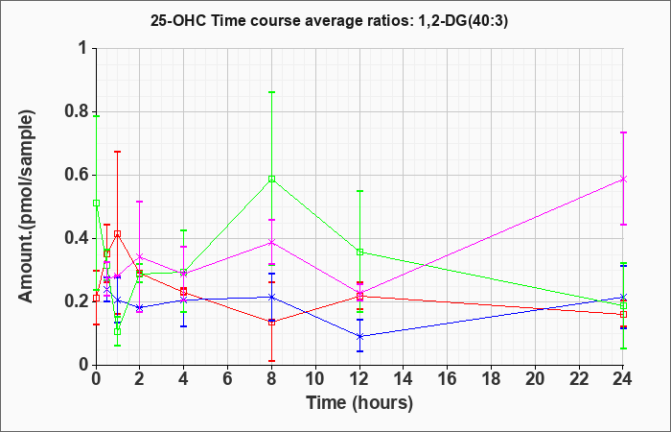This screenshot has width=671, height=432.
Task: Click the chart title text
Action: tap(335, 19)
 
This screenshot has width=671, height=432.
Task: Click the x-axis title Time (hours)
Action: tap(359, 402)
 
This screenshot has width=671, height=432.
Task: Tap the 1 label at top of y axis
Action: tap(81, 48)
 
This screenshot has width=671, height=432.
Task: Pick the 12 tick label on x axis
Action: tap(359, 379)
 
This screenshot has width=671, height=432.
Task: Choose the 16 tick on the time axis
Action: tap(448, 379)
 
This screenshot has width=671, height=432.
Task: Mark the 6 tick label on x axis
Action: tap(227, 379)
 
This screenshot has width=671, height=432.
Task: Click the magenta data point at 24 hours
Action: tap(624, 179)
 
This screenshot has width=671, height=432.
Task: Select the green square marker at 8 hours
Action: tap(272, 179)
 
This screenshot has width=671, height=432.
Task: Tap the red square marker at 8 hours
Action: tap(272, 322)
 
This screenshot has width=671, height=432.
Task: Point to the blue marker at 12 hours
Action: tap(359, 336)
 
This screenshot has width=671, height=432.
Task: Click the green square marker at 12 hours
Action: tap(359, 252)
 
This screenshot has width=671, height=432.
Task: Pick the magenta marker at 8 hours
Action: tap(272, 242)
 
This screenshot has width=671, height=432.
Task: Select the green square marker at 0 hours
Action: tap(96, 203)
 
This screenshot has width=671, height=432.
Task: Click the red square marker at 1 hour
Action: tap(117, 233)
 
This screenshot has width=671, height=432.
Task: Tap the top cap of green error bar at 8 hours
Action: tap(272, 92)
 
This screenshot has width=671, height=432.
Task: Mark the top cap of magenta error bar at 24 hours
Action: tap(624, 132)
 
